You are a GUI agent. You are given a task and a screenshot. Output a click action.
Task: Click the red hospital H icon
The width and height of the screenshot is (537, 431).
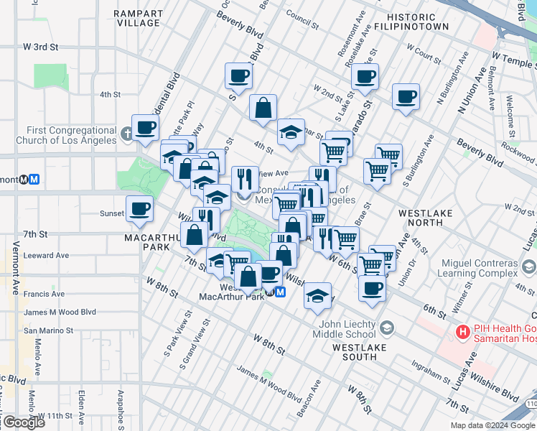coord(464,333)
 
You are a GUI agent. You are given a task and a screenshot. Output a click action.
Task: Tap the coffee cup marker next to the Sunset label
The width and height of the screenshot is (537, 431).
coord(139,209)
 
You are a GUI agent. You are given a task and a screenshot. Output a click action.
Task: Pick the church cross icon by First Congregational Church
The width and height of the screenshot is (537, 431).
coord(126,134)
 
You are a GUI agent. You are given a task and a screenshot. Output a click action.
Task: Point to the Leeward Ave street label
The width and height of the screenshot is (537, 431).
coord(46,255)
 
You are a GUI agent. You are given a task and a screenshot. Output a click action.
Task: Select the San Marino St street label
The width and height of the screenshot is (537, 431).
coord(49,330)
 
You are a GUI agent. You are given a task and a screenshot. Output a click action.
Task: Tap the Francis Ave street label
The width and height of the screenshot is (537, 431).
coord(44,294)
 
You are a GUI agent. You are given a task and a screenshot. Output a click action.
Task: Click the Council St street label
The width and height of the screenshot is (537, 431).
coord(302,14)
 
